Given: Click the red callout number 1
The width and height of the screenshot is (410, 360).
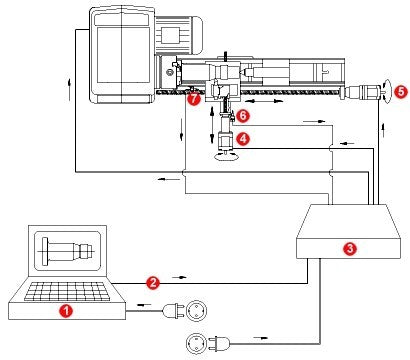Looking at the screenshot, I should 67,310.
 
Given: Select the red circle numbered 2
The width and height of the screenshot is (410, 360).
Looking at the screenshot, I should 153,282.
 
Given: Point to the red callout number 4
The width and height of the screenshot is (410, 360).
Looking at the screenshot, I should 244,138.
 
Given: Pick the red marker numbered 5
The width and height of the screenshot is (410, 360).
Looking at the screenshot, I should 400,91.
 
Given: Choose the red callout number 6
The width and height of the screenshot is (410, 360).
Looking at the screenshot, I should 242,116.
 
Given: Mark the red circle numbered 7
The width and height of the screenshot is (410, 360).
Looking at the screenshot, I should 194,97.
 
